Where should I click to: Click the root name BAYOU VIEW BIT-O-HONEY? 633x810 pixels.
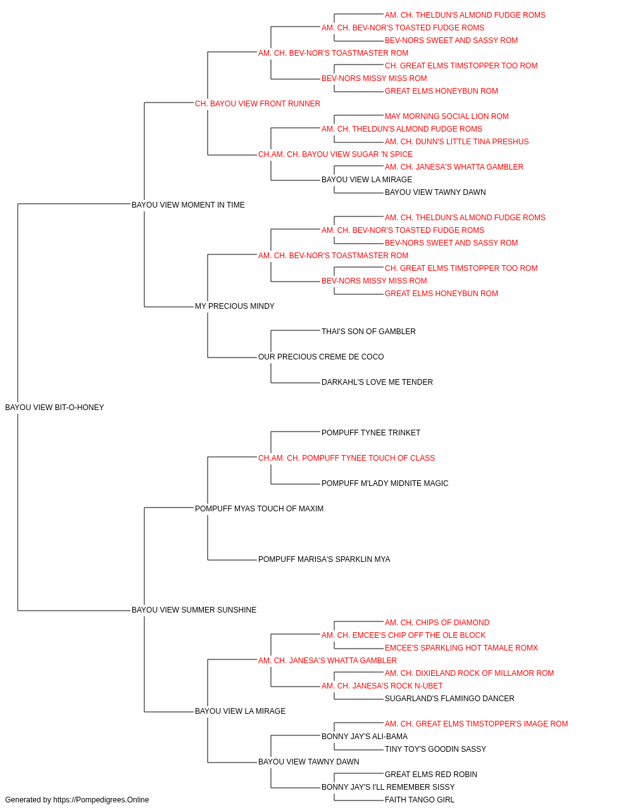pyautogui.click(x=54, y=408)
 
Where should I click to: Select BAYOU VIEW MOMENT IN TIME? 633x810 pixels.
pyautogui.click(x=188, y=205)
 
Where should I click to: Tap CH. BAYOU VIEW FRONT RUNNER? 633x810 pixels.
pyautogui.click(x=258, y=104)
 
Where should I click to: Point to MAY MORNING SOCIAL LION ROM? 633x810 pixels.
pyautogui.click(x=447, y=116)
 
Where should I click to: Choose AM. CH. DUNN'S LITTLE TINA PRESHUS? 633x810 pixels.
pyautogui.click(x=456, y=142)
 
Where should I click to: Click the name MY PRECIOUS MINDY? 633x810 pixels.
pyautogui.click(x=234, y=306)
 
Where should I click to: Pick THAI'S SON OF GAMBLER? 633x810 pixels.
pyautogui.click(x=368, y=332)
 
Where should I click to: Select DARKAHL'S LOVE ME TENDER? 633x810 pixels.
pyautogui.click(x=377, y=382)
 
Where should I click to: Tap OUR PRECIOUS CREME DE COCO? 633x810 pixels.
pyautogui.click(x=321, y=357)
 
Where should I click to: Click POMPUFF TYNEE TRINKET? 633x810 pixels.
pyautogui.click(x=371, y=433)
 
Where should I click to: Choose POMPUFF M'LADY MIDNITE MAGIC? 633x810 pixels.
pyautogui.click(x=385, y=483)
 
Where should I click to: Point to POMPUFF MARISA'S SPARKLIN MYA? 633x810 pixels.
pyautogui.click(x=324, y=559)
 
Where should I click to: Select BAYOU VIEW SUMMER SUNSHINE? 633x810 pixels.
pyautogui.click(x=194, y=610)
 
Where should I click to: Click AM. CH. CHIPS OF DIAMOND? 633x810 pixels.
pyautogui.click(x=437, y=623)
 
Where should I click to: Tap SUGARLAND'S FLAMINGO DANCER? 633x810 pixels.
pyautogui.click(x=449, y=699)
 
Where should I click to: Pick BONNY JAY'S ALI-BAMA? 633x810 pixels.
pyautogui.click(x=365, y=737)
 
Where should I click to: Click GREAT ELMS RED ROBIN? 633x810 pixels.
pyautogui.click(x=431, y=775)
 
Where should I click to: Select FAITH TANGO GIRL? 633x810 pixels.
pyautogui.click(x=420, y=800)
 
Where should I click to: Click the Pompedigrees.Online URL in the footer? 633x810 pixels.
pyautogui.click(x=101, y=800)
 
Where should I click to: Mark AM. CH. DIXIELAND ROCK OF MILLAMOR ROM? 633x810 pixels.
pyautogui.click(x=469, y=673)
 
